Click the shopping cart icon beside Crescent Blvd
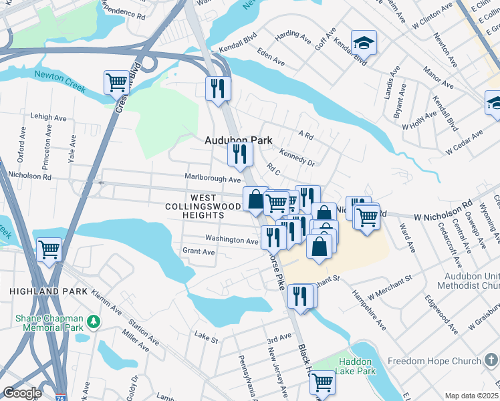coord(116,83)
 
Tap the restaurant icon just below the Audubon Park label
coord(239,154)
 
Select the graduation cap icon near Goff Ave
coord(364,43)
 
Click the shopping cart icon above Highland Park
coord(49,250)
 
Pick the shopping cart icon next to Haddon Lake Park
coord(322,383)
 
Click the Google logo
coord(22,393)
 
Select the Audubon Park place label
coord(238,140)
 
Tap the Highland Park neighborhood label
coord(48,292)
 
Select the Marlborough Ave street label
coord(212,179)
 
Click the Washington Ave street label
coord(231,239)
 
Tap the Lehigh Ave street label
coord(49,117)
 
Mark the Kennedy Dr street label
coord(297,157)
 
